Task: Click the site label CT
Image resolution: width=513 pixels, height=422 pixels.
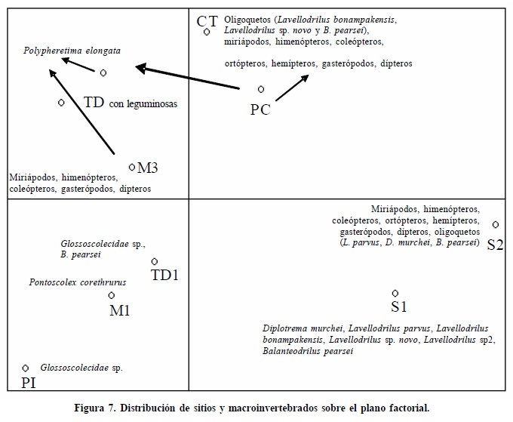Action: (207, 22)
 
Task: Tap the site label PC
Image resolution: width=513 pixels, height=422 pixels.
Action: (260, 109)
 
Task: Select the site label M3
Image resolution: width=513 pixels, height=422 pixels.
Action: (148, 168)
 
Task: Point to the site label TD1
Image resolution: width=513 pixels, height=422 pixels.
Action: (164, 275)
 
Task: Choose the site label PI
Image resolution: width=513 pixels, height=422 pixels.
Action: (28, 383)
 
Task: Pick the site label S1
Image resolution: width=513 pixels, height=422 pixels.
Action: (399, 306)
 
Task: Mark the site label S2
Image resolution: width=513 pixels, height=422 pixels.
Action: (495, 245)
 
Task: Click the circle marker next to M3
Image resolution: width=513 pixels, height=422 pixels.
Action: (132, 167)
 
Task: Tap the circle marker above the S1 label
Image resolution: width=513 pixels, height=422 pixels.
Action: (395, 293)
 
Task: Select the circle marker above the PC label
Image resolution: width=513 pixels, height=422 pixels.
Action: (261, 89)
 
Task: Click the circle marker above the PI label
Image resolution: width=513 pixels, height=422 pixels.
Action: (26, 368)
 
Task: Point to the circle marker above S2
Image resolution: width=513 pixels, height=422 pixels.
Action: (496, 224)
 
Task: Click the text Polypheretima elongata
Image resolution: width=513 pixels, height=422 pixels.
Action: (72, 51)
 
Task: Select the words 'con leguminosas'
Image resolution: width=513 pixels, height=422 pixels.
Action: (143, 104)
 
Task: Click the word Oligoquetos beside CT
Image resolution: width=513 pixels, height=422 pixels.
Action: (249, 19)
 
